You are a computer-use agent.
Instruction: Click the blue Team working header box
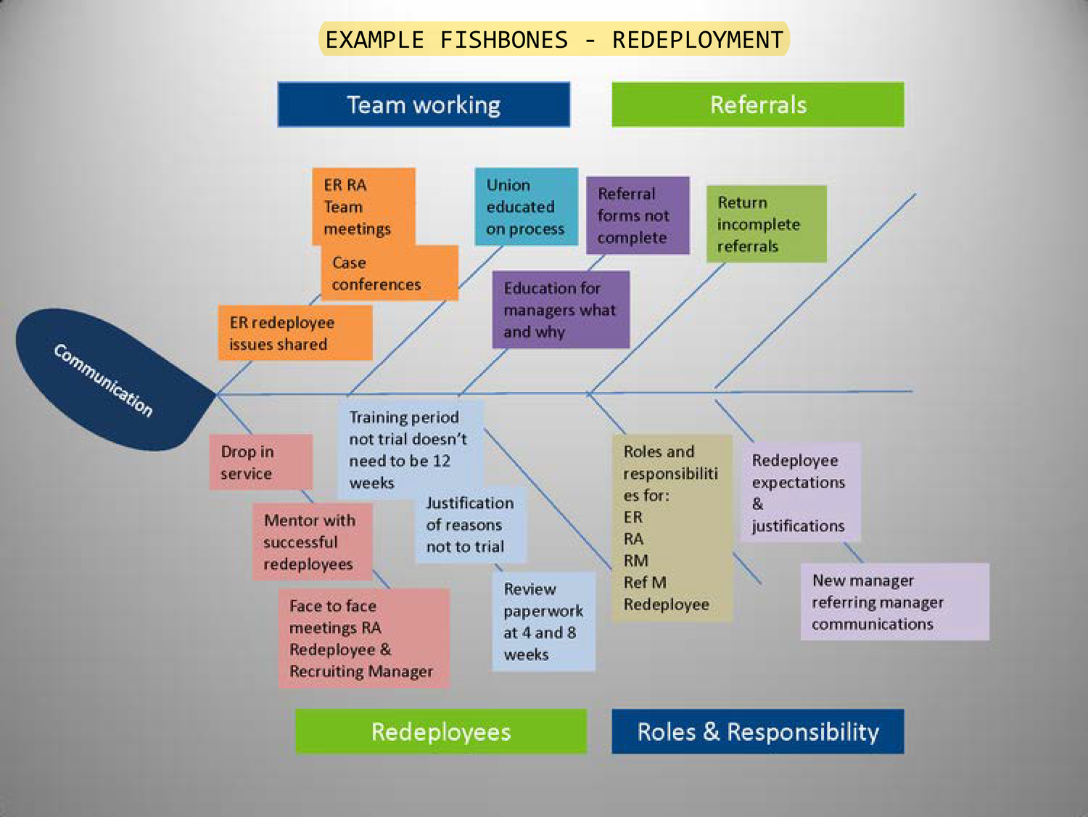pyautogui.click(x=424, y=104)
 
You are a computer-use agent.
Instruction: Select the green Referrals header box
pyautogui.click(x=758, y=104)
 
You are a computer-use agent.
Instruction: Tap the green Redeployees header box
pyautogui.click(x=441, y=731)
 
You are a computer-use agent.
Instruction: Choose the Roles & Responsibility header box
pyautogui.click(x=758, y=731)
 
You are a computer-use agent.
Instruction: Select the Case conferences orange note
pyautogui.click(x=390, y=274)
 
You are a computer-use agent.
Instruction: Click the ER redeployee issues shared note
pyautogui.click(x=295, y=333)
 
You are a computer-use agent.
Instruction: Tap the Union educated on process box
pyautogui.click(x=526, y=207)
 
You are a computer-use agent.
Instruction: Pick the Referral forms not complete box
pyautogui.click(x=638, y=215)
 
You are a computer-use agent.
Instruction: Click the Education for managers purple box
pyautogui.click(x=561, y=310)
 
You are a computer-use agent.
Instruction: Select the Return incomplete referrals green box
pyautogui.click(x=767, y=223)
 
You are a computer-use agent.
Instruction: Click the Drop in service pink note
pyautogui.click(x=260, y=462)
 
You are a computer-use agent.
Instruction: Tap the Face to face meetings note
pyautogui.click(x=363, y=639)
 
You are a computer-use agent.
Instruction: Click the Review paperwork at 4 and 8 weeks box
pyautogui.click(x=543, y=622)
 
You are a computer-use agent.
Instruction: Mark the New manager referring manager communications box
pyautogui.click(x=894, y=602)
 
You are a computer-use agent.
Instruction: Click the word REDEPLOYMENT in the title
pyautogui.click(x=697, y=39)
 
